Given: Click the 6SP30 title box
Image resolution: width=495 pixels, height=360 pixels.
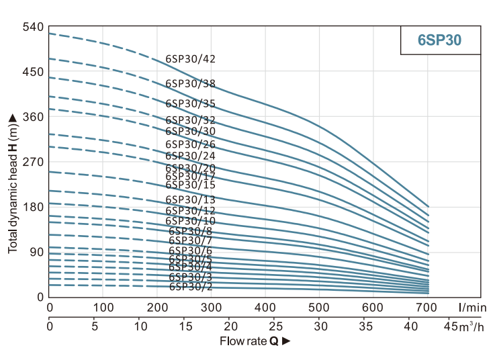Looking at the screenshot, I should tap(440, 40).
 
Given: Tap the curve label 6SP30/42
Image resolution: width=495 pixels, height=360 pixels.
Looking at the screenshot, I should tap(191, 59).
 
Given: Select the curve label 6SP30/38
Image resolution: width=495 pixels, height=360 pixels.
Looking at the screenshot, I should tap(191, 84).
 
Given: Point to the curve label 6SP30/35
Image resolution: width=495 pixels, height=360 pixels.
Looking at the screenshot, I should tap(191, 103).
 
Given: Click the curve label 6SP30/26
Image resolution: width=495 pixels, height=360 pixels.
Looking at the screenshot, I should tap(191, 144).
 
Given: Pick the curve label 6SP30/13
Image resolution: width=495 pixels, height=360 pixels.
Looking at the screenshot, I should tap(191, 199).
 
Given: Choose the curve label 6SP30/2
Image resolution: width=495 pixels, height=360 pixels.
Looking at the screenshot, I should tap(191, 286).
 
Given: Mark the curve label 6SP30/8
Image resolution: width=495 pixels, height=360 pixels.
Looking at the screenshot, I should tap(191, 231).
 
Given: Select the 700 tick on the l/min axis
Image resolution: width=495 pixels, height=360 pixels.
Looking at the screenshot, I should tap(428, 308).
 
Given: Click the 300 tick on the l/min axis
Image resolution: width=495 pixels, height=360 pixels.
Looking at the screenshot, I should tap(212, 308).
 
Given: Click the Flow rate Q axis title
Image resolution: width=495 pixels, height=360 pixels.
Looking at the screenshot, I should tap(255, 341).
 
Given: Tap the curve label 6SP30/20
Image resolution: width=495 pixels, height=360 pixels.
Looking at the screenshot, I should tap(191, 168).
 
